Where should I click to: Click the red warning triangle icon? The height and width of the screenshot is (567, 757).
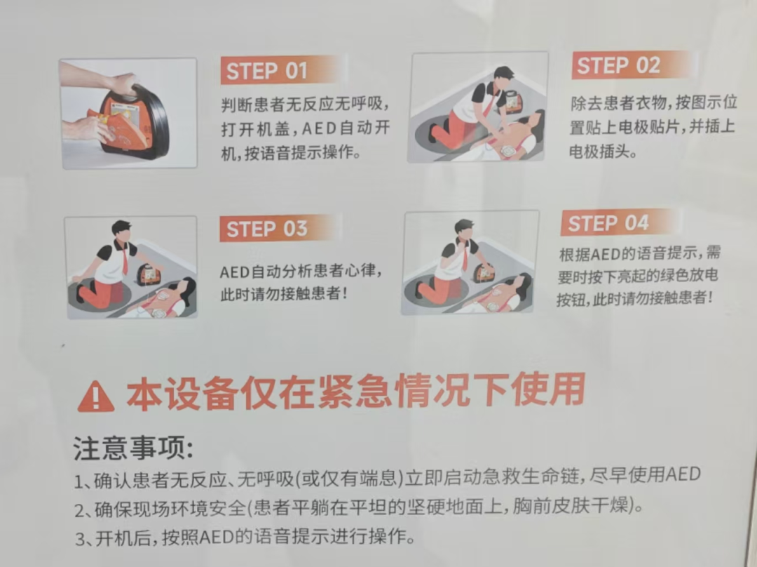point(95,397)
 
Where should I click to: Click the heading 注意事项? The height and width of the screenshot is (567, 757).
point(132,448)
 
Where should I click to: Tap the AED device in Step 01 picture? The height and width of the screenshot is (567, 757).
point(133,122)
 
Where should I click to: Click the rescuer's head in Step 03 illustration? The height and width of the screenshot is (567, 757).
point(121,229)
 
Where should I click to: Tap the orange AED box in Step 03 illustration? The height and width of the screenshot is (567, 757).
point(149,274)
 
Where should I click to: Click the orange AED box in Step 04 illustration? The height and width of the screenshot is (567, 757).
point(484,272)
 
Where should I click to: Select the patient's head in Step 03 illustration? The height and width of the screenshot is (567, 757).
point(185,288)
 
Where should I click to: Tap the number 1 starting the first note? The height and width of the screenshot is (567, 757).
point(79,482)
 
